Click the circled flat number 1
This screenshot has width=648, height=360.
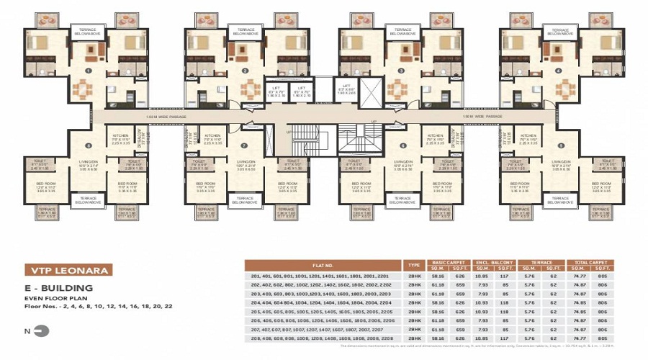point(89,71)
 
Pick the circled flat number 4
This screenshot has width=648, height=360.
point(560,71)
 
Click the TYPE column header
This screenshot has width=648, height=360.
point(414,265)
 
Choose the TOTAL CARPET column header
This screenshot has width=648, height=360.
point(593,262)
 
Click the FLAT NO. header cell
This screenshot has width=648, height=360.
point(323,265)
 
